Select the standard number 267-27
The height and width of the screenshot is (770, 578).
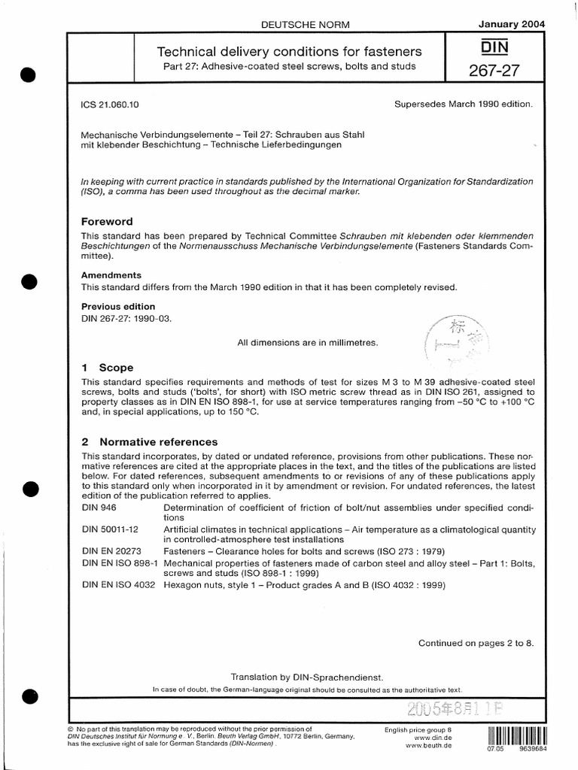coord(493,71)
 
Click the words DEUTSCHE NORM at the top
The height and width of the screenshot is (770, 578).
coord(294,25)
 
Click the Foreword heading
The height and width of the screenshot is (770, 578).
coord(107,222)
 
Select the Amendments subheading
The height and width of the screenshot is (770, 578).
coord(111,275)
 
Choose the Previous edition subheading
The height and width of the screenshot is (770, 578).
coord(118,306)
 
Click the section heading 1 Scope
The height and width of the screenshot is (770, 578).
coord(107,368)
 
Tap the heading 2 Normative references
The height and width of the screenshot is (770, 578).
coord(149,441)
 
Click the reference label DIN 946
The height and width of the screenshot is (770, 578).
coord(100,509)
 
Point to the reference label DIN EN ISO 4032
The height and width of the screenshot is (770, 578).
coord(119,587)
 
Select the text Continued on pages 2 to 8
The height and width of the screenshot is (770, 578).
coord(475,643)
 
